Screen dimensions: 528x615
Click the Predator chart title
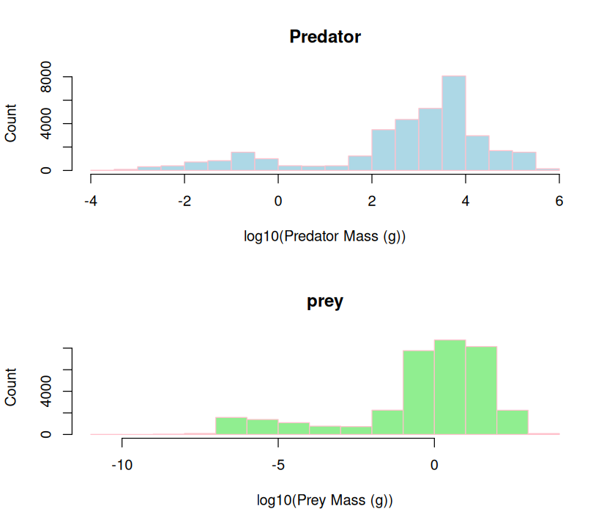(325, 37)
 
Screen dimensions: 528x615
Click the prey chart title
(325, 301)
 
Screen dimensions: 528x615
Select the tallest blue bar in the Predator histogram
(454, 123)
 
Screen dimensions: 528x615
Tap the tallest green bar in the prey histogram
(450, 386)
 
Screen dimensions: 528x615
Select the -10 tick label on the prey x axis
(122, 465)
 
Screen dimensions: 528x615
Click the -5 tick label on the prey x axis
(277, 465)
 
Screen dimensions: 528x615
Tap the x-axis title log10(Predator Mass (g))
(325, 236)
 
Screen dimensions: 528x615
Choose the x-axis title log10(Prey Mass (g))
(325, 501)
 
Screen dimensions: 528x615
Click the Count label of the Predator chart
(12, 123)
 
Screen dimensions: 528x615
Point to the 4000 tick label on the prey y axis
(46, 391)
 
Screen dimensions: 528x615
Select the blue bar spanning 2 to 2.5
(384, 150)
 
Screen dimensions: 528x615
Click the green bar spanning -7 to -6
(231, 426)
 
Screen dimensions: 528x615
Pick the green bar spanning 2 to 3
(512, 422)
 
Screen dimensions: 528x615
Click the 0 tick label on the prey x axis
(434, 465)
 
